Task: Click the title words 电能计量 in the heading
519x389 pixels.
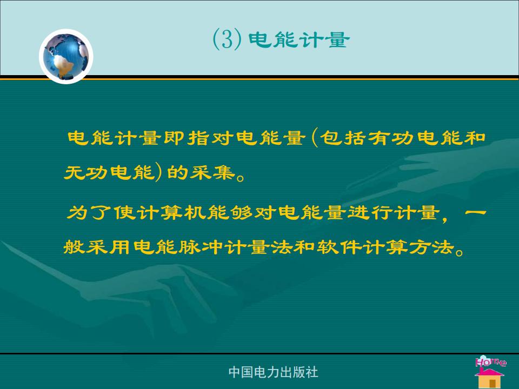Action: pos(299,39)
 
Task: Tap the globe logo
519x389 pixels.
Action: pos(66,56)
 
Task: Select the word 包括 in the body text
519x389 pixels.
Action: pos(342,138)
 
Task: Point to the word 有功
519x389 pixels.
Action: pos(391,138)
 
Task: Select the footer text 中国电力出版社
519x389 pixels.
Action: pos(274,372)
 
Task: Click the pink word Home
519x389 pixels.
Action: pos(491,361)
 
